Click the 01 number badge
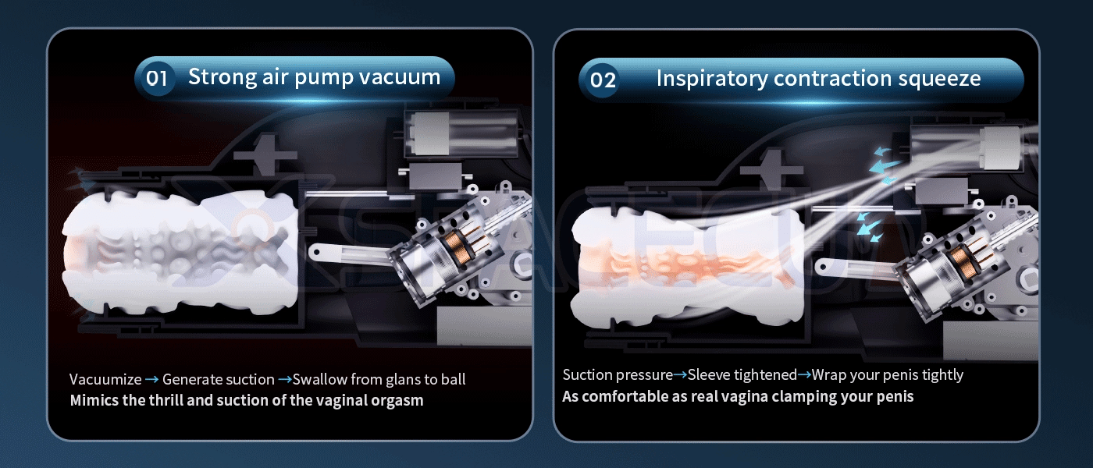[156, 79]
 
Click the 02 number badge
[602, 80]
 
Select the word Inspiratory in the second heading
[711, 79]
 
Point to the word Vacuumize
[105, 379]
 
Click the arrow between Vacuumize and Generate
[151, 379]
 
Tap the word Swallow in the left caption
[319, 379]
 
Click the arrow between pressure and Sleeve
[680, 375]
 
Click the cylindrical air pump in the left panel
[461, 133]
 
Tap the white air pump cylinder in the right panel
[1001, 147]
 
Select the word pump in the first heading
[324, 78]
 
